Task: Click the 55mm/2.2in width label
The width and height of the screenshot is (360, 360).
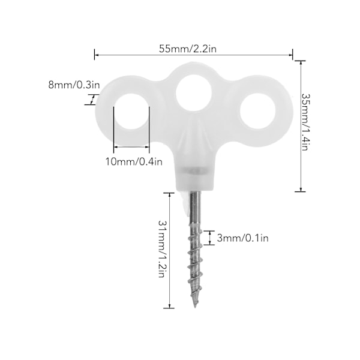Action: (x=188, y=49)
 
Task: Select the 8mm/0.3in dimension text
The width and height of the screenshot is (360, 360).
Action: (x=74, y=85)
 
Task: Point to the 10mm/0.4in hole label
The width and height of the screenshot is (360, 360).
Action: (x=134, y=161)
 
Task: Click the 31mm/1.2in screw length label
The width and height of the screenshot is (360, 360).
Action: (x=162, y=249)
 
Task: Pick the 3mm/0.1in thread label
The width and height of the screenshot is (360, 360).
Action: (x=242, y=238)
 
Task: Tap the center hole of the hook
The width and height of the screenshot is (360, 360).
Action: (x=194, y=92)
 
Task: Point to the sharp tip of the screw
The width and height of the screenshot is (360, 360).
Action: (x=195, y=307)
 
